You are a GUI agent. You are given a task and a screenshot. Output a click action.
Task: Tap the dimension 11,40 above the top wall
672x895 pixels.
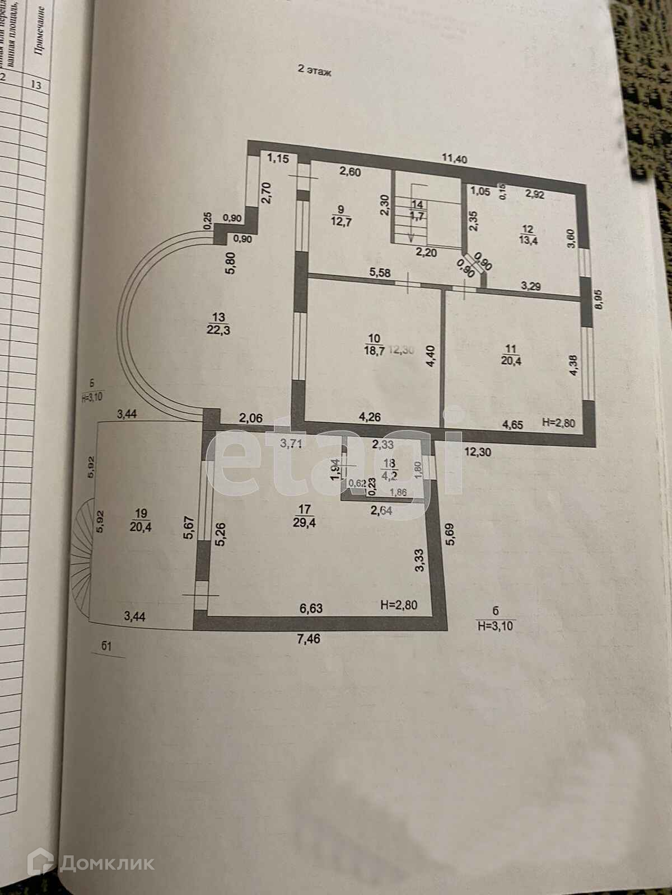454,159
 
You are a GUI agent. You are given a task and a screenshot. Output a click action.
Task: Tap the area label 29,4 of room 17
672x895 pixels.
305,522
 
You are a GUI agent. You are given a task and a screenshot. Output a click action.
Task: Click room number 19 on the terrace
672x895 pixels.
125,512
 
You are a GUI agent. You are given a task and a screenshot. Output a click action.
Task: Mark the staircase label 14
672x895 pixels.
416,205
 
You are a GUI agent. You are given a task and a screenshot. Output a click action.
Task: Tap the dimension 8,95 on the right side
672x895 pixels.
601,303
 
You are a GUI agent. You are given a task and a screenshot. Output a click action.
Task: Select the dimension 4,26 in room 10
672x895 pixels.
370,416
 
